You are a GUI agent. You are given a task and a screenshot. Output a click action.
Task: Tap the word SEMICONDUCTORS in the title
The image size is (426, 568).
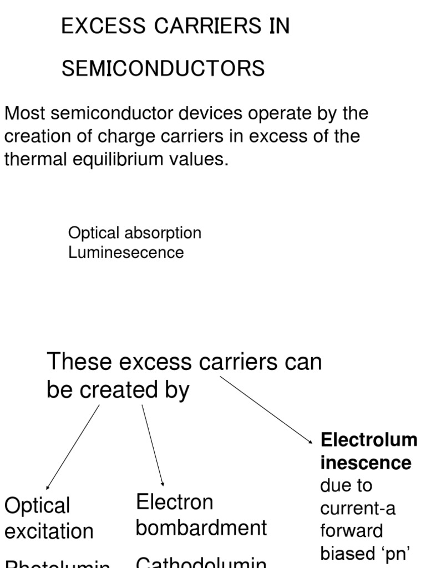point(163,69)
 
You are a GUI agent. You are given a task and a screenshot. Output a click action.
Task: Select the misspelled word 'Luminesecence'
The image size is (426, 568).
point(125,253)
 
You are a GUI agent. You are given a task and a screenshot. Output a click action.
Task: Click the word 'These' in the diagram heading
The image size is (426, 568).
point(77,362)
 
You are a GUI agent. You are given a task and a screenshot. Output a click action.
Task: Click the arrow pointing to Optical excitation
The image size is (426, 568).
point(73,446)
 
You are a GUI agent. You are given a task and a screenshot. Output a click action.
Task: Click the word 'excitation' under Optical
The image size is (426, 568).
point(49,531)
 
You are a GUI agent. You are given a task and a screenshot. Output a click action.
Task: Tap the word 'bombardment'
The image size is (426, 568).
point(201,528)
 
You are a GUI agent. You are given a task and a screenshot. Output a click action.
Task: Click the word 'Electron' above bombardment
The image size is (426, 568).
point(175,502)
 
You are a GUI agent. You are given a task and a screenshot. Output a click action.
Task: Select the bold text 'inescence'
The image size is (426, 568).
point(366,463)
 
